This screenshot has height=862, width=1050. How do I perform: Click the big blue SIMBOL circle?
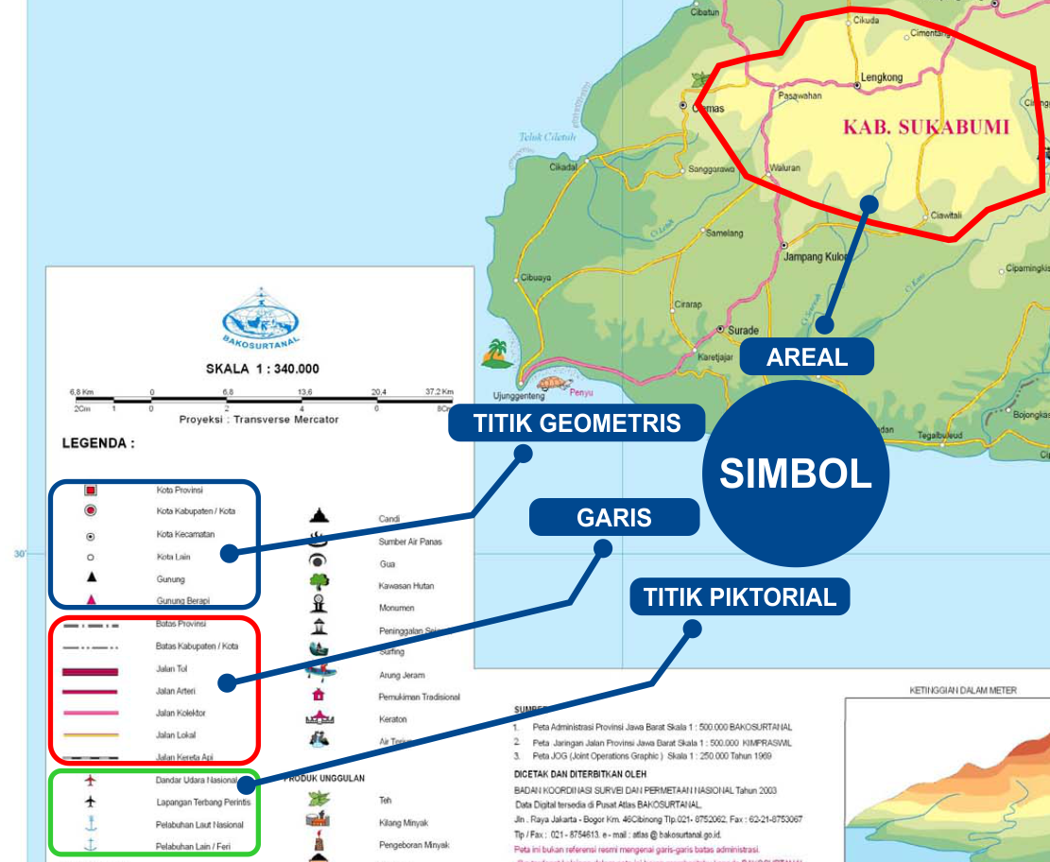coord(796,473)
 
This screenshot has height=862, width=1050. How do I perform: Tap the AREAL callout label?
coord(807,356)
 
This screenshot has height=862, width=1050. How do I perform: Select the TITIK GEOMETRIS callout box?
coord(577,422)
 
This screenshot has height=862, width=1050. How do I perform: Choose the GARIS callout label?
coord(614,517)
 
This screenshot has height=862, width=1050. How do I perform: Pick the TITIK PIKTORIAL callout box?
coord(740,596)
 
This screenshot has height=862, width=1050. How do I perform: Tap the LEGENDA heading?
coord(98,442)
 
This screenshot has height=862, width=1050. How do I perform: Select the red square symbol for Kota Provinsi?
coord(91,491)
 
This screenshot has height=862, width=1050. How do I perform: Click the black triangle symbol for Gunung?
coord(91,577)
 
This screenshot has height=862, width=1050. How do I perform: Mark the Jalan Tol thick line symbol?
coord(90,671)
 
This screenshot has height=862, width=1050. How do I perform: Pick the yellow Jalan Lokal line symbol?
coord(90,734)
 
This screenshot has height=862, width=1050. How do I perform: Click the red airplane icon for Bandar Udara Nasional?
coord(91,781)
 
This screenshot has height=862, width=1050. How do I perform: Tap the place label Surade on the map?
coord(744,330)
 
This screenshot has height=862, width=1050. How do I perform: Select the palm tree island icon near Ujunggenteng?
coord(496,353)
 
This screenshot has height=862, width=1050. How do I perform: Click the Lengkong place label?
coord(882,78)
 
